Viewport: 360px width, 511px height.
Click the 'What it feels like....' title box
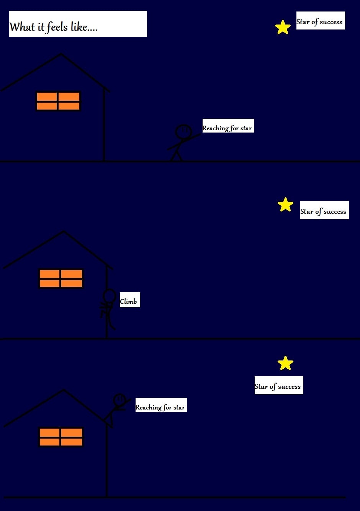click(78, 24)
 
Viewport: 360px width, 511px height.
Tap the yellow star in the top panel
click(283, 28)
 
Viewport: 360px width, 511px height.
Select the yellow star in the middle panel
click(285, 205)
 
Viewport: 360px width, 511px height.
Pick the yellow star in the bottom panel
click(285, 364)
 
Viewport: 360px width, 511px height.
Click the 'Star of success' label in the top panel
click(320, 21)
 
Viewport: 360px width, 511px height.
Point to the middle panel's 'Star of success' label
click(324, 210)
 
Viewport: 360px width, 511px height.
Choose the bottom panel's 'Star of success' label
click(278, 385)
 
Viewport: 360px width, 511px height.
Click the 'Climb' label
click(129, 300)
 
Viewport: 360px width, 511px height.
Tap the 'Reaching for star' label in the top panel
click(227, 126)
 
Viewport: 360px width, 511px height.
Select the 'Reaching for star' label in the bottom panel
click(161, 405)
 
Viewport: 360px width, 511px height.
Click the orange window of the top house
click(58, 101)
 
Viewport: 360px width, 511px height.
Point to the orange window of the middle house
click(61, 278)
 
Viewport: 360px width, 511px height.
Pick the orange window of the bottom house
click(61, 437)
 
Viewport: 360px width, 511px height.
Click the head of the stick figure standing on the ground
click(183, 131)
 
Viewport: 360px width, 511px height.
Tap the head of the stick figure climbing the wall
click(110, 296)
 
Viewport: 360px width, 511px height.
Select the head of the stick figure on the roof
click(119, 400)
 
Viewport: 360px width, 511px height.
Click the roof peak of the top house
click(61, 54)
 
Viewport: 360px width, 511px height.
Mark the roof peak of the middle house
click(64, 232)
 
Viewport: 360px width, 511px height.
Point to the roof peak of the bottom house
click(64, 391)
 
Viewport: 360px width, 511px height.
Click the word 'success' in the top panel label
click(331, 22)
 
